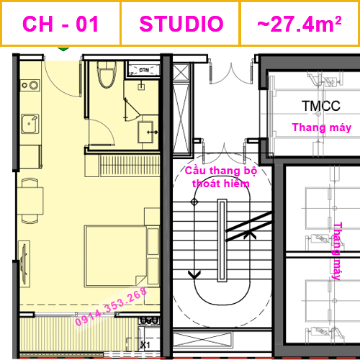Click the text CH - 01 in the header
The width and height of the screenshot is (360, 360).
60,24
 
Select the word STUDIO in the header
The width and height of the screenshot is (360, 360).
181,24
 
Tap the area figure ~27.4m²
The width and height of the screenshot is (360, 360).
299,24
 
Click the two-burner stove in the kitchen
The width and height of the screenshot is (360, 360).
31,86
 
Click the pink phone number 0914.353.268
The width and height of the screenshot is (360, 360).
112,307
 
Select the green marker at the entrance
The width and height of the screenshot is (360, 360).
63,50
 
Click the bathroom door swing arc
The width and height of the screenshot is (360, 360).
101,130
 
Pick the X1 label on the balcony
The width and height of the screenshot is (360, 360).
145,344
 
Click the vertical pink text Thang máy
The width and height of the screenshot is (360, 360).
336,251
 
